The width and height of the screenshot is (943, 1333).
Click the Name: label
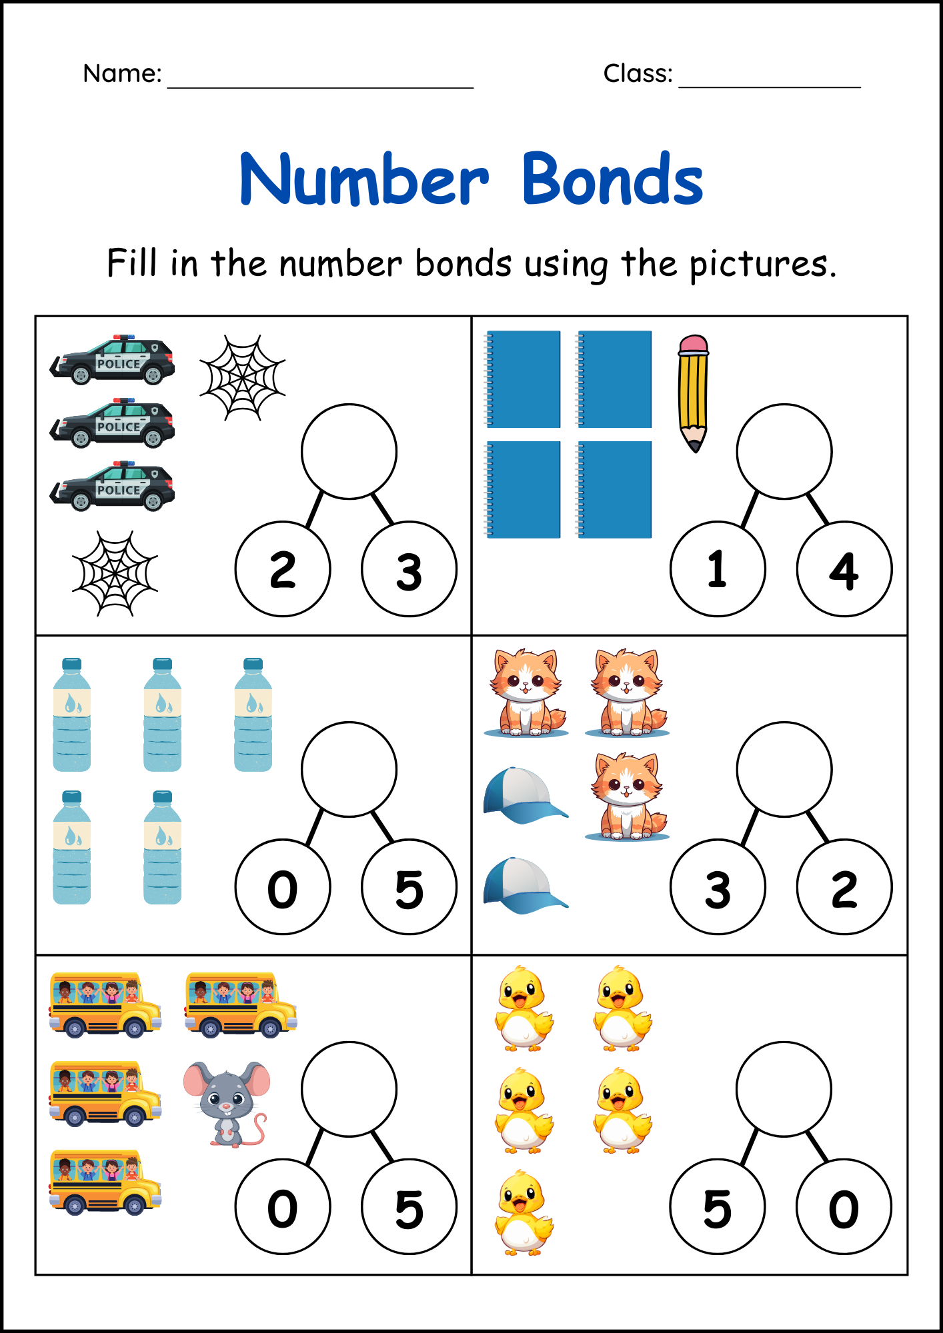click(x=122, y=73)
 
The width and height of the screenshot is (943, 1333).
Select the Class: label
click(x=638, y=73)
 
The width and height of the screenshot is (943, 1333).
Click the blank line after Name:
click(x=320, y=85)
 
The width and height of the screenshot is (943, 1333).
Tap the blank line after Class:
click(x=770, y=85)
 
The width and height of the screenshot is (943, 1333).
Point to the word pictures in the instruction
click(x=762, y=264)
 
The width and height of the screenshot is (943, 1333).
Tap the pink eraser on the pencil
click(x=694, y=344)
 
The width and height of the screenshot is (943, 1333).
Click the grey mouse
click(x=227, y=1103)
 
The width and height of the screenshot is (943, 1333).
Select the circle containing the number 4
click(x=844, y=569)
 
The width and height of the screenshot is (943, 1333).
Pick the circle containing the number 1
click(x=718, y=569)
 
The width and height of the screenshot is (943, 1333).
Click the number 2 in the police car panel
click(x=283, y=570)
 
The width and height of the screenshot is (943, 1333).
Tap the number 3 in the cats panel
click(x=718, y=888)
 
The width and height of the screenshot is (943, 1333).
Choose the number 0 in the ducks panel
click(x=844, y=1208)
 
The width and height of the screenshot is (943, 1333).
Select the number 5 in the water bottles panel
click(x=409, y=888)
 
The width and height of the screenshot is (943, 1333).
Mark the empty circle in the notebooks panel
click(x=784, y=451)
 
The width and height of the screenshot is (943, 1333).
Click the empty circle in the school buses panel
click(x=349, y=1089)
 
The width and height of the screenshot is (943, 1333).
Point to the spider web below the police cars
click(x=115, y=573)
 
